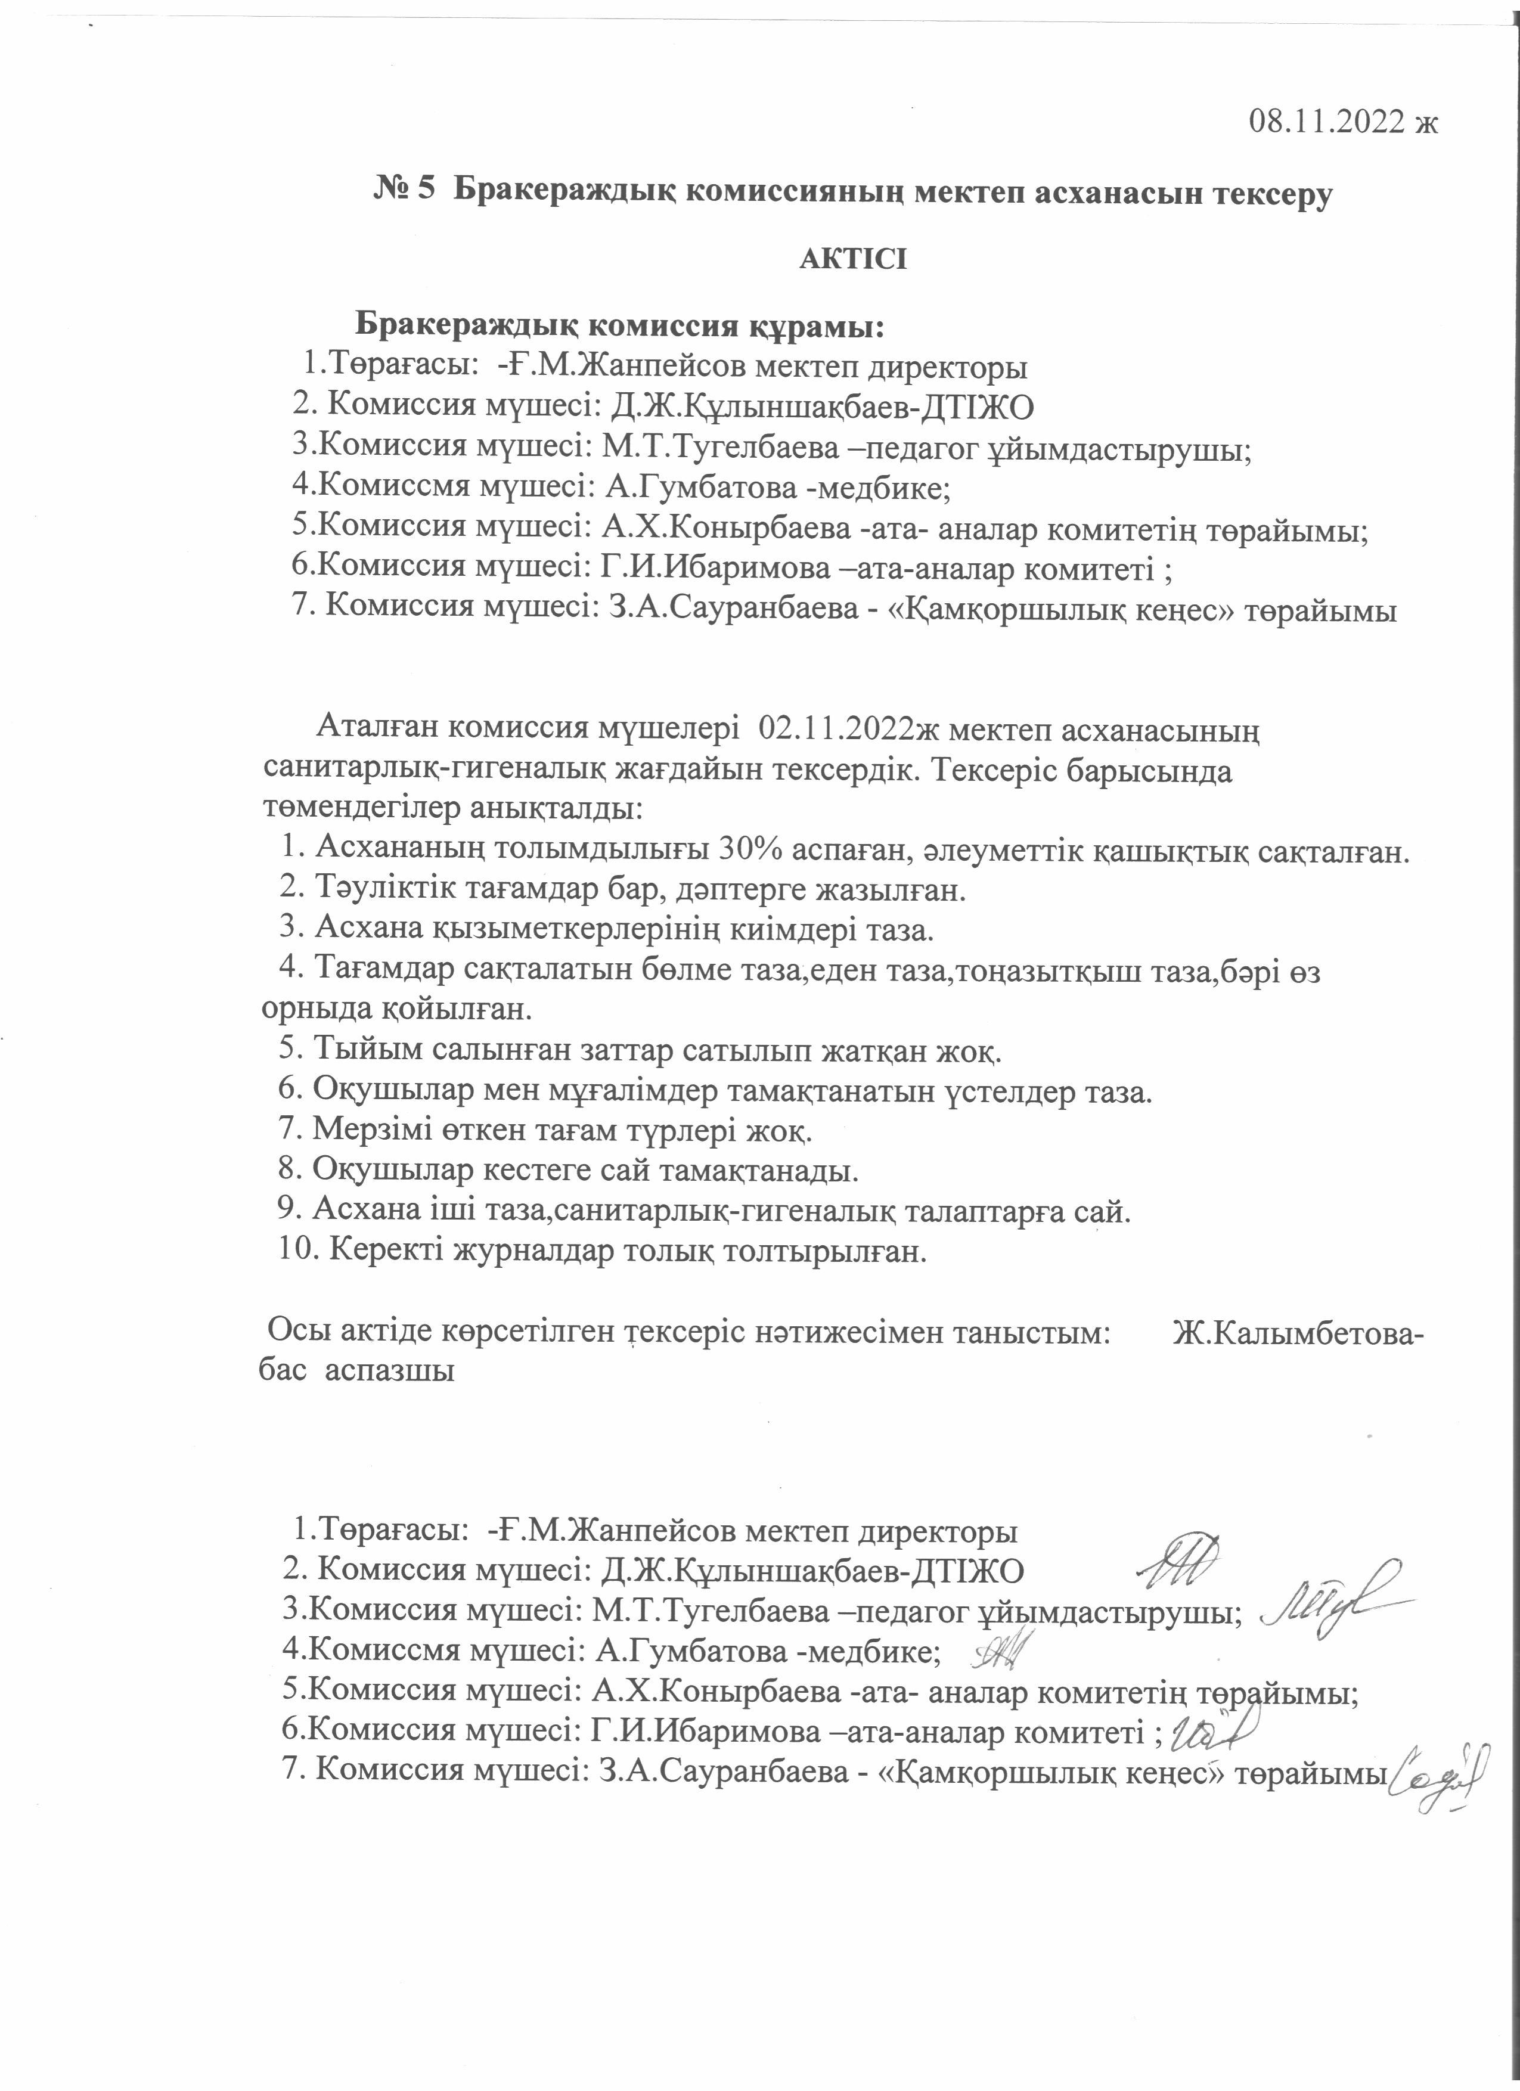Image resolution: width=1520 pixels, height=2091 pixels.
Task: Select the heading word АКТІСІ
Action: pos(852,259)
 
